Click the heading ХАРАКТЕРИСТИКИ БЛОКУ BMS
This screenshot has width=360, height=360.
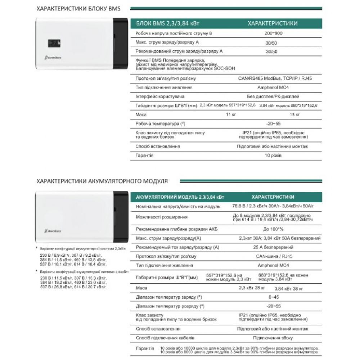(x=78, y=8)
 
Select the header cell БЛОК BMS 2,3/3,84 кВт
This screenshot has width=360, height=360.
(x=168, y=24)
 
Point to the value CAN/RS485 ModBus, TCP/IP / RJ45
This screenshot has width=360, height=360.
(x=272, y=78)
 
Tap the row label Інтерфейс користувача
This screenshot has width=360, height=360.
(x=160, y=96)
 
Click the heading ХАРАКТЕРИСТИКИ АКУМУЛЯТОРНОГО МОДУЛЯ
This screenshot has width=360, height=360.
(x=102, y=181)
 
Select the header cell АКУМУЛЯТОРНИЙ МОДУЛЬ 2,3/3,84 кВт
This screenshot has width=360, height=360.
(x=180, y=197)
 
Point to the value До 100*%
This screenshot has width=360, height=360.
(x=273, y=229)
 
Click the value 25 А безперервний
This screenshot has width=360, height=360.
(x=273, y=247)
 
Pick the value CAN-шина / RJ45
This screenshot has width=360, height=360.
(x=273, y=256)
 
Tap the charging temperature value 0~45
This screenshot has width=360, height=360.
(x=273, y=297)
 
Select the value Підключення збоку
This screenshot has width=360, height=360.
(x=273, y=338)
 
